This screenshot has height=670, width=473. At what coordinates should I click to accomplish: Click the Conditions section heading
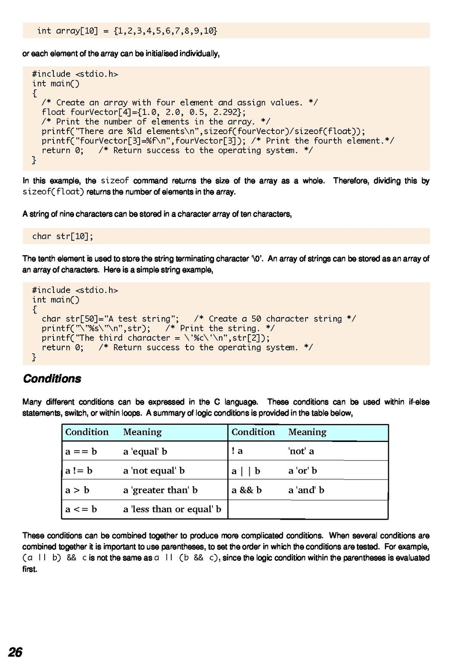52,379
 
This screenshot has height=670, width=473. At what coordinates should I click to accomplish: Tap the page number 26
15,652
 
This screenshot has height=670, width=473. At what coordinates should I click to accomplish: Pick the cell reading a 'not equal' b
154,470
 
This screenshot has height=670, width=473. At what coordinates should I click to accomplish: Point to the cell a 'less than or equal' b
172,509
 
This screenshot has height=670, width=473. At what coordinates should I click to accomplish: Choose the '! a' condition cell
237,451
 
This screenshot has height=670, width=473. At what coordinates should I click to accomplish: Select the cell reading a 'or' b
303,470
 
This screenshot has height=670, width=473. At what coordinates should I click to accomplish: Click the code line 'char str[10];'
63,236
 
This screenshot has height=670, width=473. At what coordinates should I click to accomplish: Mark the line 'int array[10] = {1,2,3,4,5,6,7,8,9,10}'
127,31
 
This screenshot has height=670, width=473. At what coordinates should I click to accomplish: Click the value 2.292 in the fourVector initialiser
226,112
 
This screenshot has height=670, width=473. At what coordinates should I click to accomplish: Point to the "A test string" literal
142,319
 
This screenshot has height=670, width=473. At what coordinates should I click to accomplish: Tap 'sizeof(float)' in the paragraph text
53,192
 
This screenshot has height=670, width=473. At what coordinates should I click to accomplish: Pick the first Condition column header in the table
87,432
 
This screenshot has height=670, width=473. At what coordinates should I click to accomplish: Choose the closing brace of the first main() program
34,160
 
